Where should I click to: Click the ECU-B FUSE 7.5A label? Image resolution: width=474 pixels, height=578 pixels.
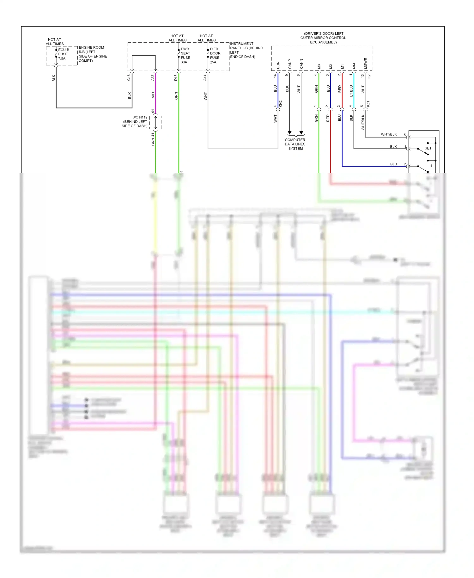(63, 54)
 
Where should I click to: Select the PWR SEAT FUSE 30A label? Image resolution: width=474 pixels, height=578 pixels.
(185, 56)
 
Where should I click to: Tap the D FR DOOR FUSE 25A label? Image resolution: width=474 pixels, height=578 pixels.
(215, 56)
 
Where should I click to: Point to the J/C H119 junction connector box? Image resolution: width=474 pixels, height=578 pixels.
(155, 122)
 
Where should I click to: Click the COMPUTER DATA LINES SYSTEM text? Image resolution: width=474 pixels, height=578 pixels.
(295, 144)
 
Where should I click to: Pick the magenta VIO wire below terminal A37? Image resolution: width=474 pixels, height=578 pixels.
(155, 95)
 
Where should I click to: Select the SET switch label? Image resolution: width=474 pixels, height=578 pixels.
(428, 148)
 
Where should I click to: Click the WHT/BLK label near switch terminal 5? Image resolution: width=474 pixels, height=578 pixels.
(389, 134)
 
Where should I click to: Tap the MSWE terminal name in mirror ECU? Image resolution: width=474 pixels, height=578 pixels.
(366, 63)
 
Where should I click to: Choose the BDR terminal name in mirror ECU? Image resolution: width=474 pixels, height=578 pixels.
(278, 65)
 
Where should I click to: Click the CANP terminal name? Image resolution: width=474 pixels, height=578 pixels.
(290, 64)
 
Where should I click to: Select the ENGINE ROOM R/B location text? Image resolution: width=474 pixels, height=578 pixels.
(93, 54)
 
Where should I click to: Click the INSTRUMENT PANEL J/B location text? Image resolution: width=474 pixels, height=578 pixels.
(246, 50)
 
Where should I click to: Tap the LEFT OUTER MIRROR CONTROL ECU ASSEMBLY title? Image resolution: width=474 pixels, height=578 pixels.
(323, 38)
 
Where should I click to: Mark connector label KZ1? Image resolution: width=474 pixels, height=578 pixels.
(368, 104)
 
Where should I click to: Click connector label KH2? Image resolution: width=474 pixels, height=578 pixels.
(280, 104)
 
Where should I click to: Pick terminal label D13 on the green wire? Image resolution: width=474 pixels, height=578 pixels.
(176, 77)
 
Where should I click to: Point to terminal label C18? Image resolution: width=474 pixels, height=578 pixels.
(129, 77)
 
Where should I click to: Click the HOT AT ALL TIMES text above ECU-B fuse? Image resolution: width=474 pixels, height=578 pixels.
(55, 42)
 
